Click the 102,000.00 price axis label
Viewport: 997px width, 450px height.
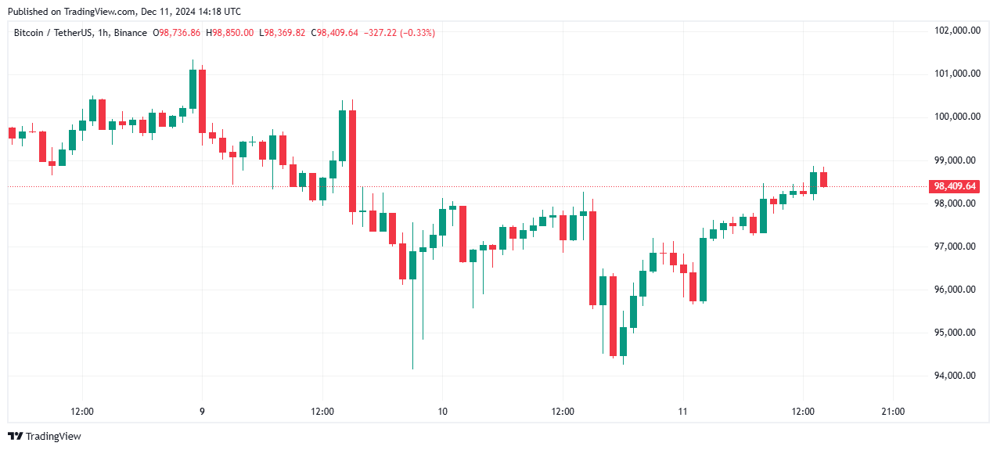[x=958, y=31]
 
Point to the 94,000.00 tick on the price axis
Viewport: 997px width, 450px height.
[x=958, y=376]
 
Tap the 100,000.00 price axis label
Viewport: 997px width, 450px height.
[x=958, y=117]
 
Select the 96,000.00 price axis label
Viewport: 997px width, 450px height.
[x=958, y=290]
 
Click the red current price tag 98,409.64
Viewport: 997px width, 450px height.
[x=954, y=186]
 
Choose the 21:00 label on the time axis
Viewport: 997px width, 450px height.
[x=893, y=412]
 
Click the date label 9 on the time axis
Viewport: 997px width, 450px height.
[x=203, y=412]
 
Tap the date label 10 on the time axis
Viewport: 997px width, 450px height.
[x=442, y=412]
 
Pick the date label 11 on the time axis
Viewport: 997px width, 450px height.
[x=682, y=412]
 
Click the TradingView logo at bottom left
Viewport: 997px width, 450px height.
[x=45, y=436]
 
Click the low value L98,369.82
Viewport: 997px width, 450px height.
[x=283, y=32]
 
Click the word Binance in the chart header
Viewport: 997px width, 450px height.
[x=128, y=32]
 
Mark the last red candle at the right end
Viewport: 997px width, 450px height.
[x=824, y=179]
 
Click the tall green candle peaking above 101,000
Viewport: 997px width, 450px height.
[x=193, y=88]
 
